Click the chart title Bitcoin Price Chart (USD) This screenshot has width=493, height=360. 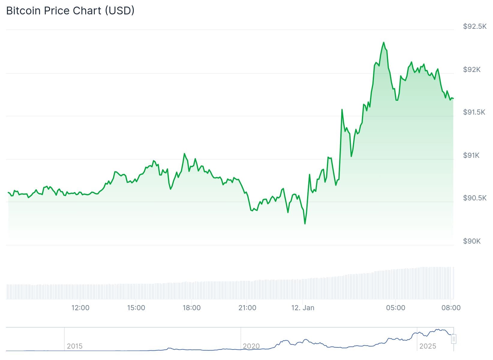(70, 11)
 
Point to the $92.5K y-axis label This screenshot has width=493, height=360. (475, 26)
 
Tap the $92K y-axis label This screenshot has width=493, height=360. (472, 70)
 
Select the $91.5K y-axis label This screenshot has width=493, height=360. (474, 112)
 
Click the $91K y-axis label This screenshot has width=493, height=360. (471, 155)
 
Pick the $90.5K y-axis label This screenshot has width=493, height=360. (475, 198)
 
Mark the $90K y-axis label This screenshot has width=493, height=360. (472, 241)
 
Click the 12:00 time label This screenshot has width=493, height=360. (80, 308)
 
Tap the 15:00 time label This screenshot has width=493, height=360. (136, 308)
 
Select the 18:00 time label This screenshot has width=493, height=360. (192, 308)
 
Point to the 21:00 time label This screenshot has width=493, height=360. (247, 308)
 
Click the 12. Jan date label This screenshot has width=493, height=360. (303, 308)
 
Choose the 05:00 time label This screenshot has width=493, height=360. (396, 308)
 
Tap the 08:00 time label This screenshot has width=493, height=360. (451, 308)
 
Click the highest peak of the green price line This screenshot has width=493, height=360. (384, 43)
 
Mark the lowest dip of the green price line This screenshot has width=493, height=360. (305, 223)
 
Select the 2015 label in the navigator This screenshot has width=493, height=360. (75, 346)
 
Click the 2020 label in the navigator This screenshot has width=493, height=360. (251, 346)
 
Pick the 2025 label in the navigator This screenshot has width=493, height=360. (428, 346)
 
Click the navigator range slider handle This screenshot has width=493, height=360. (454, 339)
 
